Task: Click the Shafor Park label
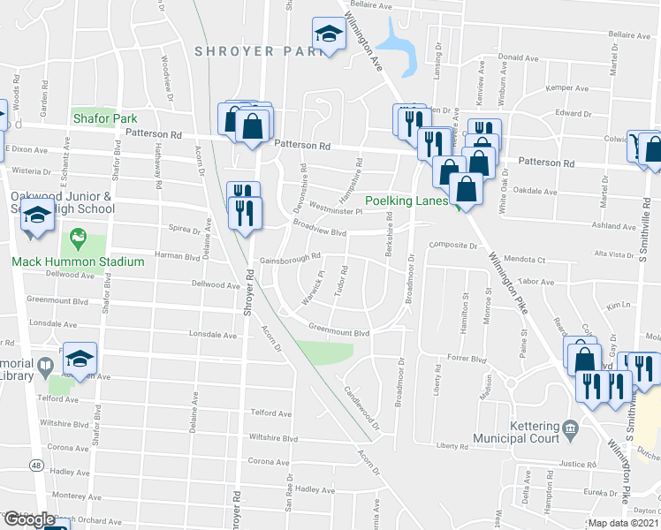tap(105, 117)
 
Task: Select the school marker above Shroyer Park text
tap(329, 35)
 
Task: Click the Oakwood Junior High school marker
tap(36, 216)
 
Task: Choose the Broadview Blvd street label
tap(319, 230)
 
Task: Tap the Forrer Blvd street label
tap(467, 360)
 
